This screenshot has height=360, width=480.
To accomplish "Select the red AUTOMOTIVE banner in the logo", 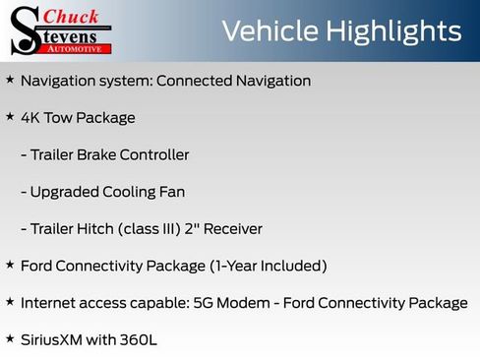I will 78,47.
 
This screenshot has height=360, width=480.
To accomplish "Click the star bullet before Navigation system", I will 10,80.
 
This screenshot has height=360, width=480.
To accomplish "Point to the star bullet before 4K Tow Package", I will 10,116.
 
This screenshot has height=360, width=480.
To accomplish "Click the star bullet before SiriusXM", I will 10,338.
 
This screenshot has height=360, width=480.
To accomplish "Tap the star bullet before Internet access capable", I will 10,302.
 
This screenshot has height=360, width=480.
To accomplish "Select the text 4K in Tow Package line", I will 31,118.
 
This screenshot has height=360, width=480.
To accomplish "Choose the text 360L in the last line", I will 139,340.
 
